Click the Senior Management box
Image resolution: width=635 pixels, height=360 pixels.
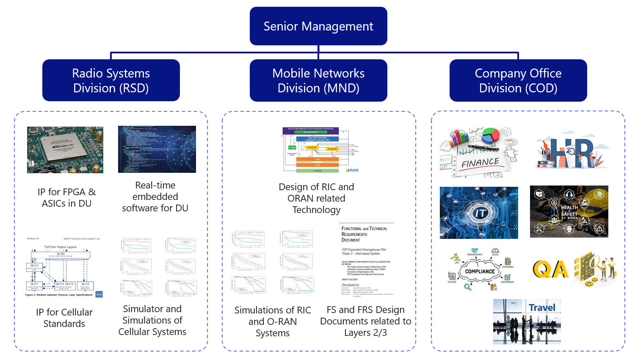click(x=318, y=26)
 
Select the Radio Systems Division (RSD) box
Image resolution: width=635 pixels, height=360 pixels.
click(x=111, y=80)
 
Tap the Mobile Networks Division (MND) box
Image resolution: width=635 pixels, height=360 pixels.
click(x=318, y=80)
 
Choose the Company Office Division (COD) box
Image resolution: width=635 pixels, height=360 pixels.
click(x=518, y=80)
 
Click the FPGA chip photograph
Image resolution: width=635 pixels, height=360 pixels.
click(x=65, y=150)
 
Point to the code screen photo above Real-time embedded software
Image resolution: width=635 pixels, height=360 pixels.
click(x=157, y=149)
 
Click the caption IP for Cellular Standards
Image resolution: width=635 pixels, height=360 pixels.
click(x=64, y=318)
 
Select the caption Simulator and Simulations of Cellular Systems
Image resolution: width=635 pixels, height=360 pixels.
click(x=152, y=320)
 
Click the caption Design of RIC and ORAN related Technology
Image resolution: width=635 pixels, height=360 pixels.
click(x=317, y=198)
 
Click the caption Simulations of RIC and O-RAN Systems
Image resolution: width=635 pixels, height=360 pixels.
click(x=273, y=321)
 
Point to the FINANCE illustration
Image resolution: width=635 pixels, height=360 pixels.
click(x=479, y=152)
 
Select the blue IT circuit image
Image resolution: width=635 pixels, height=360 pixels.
click(x=479, y=213)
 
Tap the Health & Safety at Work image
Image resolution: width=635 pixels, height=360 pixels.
click(x=569, y=211)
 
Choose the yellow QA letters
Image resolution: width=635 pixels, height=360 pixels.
click(x=550, y=269)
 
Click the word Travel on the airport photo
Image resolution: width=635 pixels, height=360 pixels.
click(x=542, y=307)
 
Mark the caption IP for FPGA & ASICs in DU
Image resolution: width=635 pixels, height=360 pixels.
click(x=66, y=198)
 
